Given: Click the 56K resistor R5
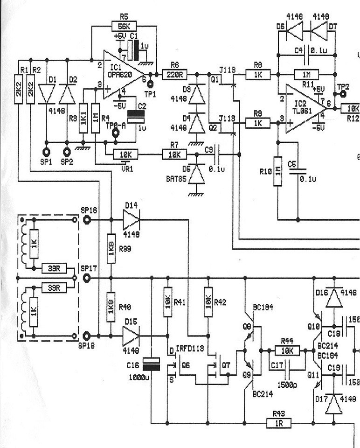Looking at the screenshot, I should pos(124,26).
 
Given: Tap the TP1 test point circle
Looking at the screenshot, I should pos(150,84).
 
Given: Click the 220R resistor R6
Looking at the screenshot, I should pos(175,74).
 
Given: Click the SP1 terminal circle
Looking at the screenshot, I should pos(46,152).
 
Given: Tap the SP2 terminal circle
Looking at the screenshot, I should pos(66,152).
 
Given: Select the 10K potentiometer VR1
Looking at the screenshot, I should pos(124,154).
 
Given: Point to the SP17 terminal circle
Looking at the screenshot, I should pos(87,278).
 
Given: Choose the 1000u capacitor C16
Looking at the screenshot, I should pos(151,364).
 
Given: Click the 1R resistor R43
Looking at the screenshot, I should pos(279,423).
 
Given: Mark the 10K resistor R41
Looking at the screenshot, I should pos(168,302).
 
